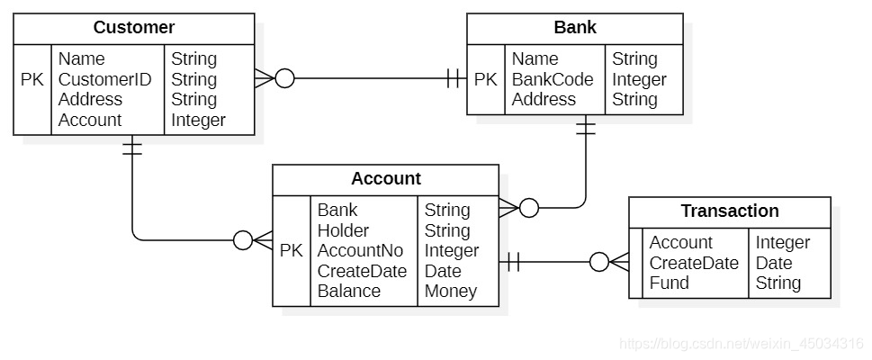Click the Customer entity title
(x=134, y=27)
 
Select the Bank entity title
(x=575, y=27)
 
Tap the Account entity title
(x=386, y=178)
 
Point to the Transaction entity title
(x=730, y=211)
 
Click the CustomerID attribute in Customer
(x=104, y=79)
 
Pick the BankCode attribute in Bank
(x=553, y=79)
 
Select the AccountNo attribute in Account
(x=360, y=251)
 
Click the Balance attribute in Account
(x=348, y=291)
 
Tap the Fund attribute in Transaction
(x=669, y=283)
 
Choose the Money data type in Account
(x=451, y=291)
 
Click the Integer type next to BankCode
(x=639, y=79)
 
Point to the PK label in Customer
(x=32, y=79)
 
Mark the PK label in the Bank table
(x=486, y=79)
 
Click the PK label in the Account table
(x=292, y=251)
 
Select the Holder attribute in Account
(x=343, y=230)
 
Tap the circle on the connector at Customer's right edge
(x=284, y=79)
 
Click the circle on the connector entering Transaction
(x=599, y=262)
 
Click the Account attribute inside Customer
(x=89, y=120)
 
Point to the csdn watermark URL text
(x=742, y=343)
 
